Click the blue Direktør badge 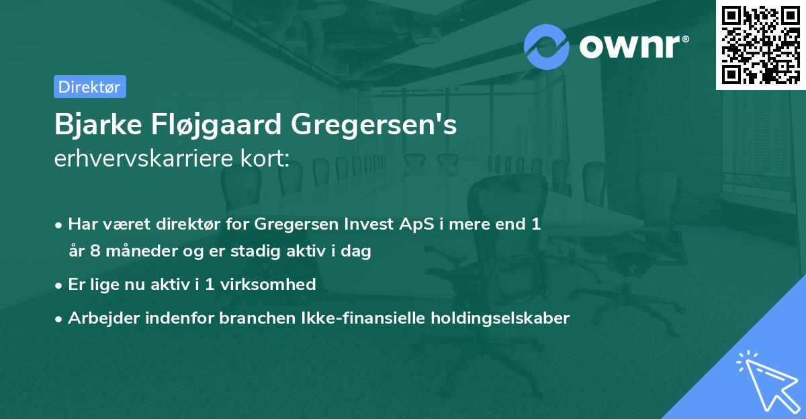[89, 87]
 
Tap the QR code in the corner [760, 44]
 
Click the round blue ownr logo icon [547, 46]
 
